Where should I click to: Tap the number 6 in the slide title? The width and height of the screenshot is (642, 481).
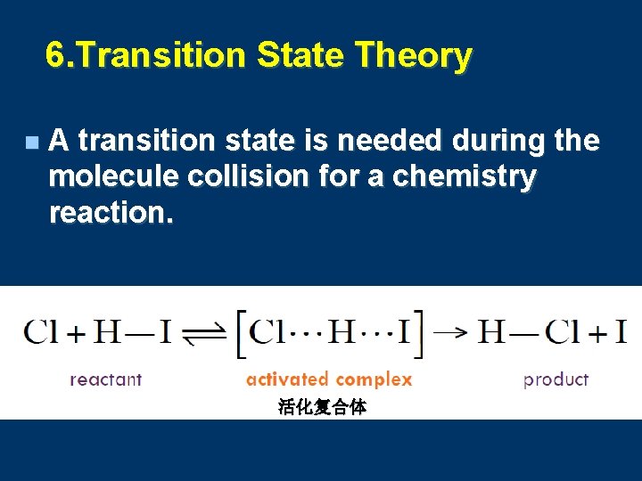coord(55,56)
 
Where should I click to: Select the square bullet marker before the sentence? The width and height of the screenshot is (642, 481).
coord(32,143)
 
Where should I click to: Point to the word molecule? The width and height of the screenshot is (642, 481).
coord(114,176)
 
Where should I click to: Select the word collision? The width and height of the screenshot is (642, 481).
coord(243,176)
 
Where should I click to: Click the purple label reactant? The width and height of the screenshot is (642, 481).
coord(105,379)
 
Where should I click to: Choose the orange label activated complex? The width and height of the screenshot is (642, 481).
coord(329,379)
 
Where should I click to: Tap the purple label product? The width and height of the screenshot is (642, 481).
coord(556,379)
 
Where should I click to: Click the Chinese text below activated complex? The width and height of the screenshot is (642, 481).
coord(322,407)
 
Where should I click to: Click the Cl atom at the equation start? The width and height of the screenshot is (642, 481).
coord(41,332)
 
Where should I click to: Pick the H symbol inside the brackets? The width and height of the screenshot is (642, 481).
coord(342,332)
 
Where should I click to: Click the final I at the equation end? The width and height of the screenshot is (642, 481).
coord(621,332)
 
